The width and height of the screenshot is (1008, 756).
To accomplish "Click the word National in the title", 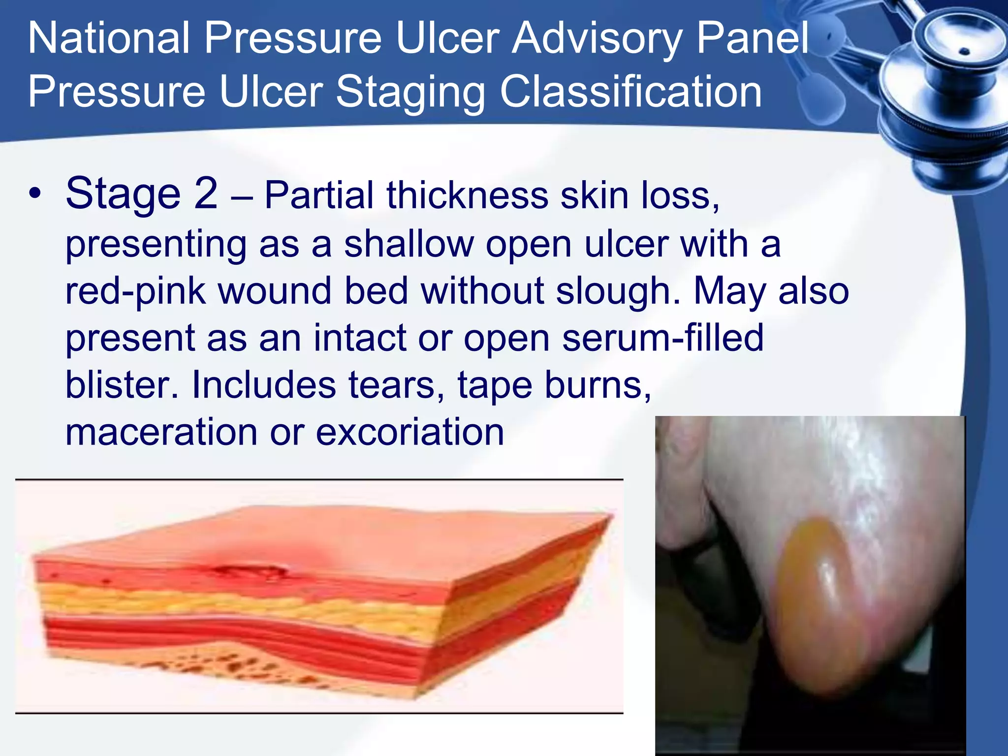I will pyautogui.click(x=108, y=38).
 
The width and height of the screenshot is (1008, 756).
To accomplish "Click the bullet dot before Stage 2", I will pyautogui.click(x=34, y=193).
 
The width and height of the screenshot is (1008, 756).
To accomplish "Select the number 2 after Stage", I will pyautogui.click(x=206, y=193).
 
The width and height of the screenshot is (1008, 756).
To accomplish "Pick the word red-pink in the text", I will pyautogui.click(x=135, y=291).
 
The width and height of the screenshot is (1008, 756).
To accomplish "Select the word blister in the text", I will pyautogui.click(x=121, y=385).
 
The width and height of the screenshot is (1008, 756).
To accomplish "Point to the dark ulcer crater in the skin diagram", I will pyautogui.click(x=251, y=571).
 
